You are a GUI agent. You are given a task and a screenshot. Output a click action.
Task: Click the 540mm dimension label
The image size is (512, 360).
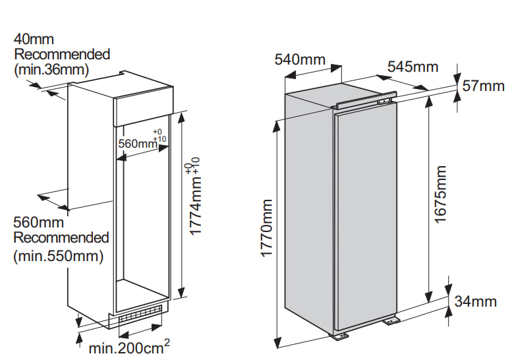point(300,59)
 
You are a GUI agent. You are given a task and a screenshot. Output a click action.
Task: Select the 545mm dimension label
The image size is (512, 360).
point(412,67)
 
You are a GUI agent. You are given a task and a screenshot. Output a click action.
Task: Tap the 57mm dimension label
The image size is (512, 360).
point(484,86)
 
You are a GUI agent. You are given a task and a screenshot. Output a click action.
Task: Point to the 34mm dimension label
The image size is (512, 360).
point(476,301)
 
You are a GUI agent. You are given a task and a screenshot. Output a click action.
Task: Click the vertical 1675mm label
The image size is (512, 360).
point(440,195)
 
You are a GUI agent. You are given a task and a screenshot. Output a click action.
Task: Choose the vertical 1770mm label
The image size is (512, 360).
point(267,228)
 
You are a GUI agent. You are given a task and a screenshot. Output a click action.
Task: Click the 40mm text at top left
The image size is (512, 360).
point(34,39)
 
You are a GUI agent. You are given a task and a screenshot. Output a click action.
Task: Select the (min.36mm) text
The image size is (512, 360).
point(51,70)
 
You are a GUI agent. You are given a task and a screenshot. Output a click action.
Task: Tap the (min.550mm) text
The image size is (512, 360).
point(59,256)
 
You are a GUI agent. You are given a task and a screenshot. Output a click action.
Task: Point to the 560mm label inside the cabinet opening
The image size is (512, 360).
point(138,144)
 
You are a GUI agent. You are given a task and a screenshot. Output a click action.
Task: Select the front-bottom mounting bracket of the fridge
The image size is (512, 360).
point(339,336)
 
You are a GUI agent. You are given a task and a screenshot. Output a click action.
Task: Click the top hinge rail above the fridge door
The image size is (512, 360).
point(364,100)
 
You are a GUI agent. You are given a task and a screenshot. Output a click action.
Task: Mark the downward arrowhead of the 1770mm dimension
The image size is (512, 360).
point(277,343)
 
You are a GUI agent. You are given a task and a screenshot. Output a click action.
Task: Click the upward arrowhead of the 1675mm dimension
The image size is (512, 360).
point(428,101)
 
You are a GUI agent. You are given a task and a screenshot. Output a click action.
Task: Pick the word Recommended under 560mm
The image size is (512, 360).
point(61,237)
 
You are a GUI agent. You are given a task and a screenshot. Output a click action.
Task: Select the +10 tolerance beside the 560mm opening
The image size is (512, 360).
point(159,139)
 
